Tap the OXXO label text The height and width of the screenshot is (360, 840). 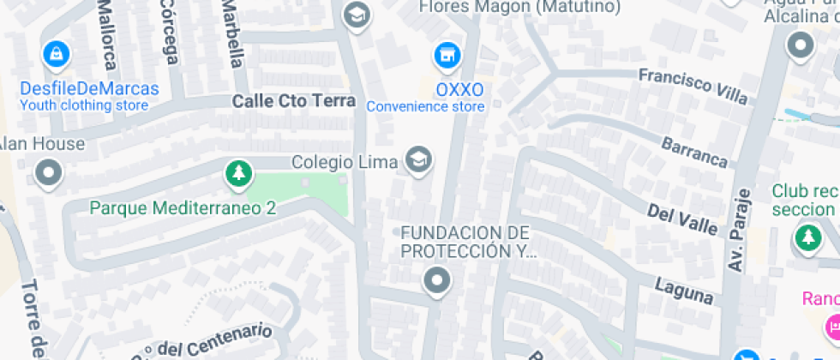[x=459, y=90]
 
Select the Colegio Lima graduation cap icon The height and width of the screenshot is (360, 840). [x=418, y=159]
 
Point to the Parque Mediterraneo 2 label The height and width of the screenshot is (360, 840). [x=183, y=207]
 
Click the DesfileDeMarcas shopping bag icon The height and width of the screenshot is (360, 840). [x=56, y=55]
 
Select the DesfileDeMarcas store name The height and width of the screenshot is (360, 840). [x=89, y=89]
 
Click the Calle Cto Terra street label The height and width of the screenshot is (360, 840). [x=293, y=100]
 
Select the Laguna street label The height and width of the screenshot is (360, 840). [x=684, y=290]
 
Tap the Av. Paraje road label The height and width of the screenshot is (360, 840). [x=739, y=230]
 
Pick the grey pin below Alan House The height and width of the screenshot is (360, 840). [x=48, y=173]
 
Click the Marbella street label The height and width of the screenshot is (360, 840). [x=232, y=34]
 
